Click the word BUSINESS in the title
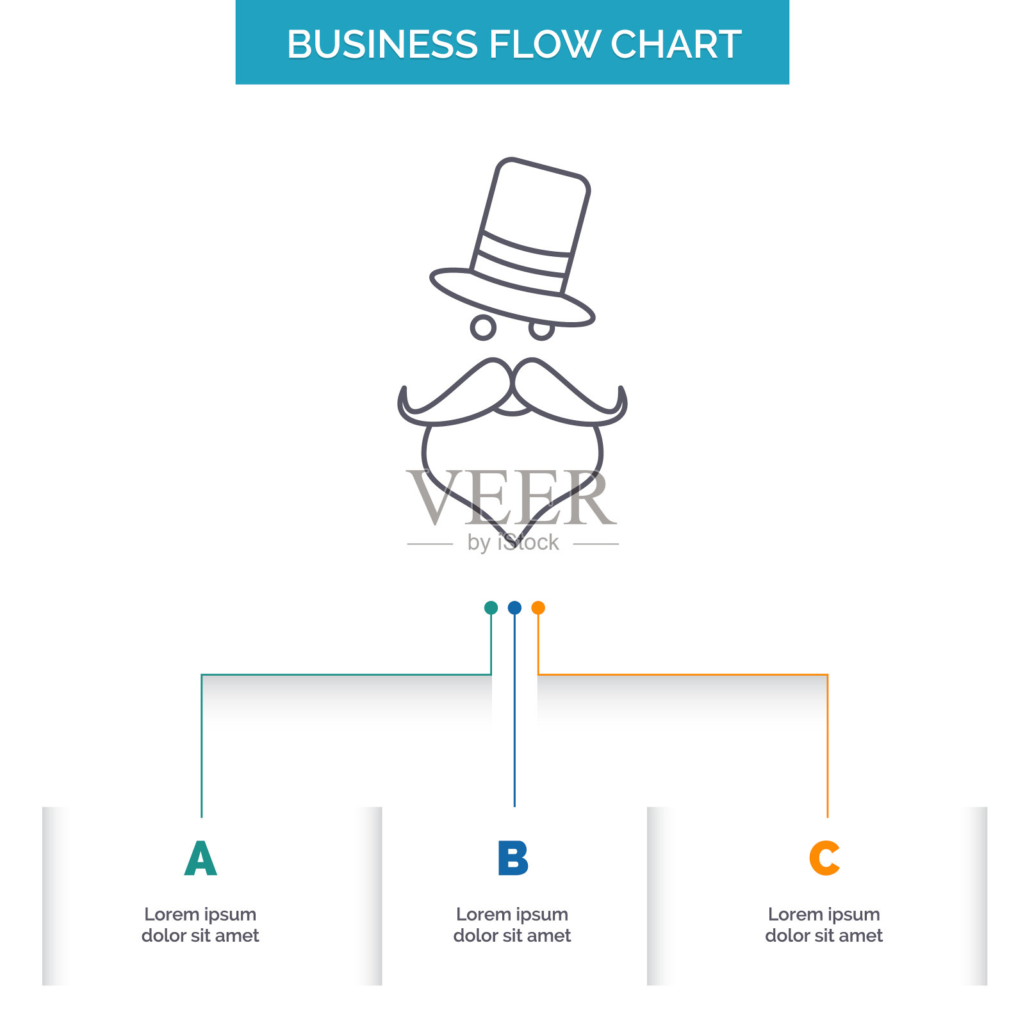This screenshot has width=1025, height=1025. click(x=382, y=44)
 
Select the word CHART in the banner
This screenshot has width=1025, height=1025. click(x=676, y=44)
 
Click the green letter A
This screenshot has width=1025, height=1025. click(x=201, y=858)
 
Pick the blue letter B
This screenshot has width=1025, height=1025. click(x=513, y=858)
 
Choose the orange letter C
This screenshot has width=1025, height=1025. click(x=824, y=858)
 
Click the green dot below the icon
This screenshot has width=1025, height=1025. click(x=491, y=607)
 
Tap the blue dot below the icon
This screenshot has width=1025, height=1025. click(x=514, y=607)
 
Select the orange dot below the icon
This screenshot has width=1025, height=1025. click(x=538, y=607)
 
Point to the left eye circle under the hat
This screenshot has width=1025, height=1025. click(x=483, y=327)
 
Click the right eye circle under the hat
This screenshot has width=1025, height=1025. click(x=541, y=329)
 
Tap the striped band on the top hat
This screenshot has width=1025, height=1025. click(x=521, y=261)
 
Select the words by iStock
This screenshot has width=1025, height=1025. click(x=513, y=543)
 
